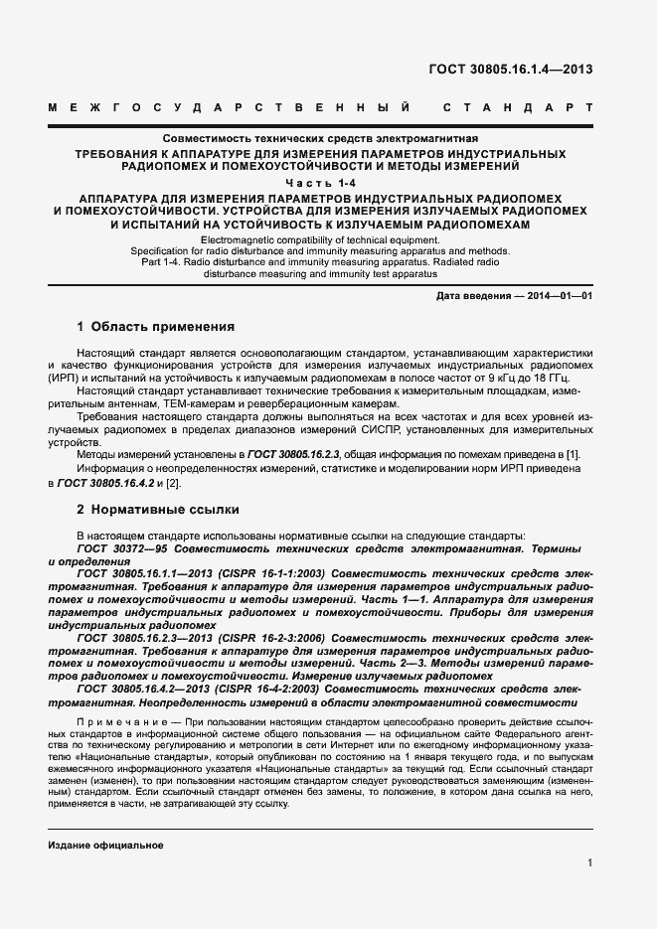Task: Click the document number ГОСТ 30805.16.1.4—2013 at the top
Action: click(510, 69)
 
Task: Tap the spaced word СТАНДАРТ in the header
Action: click(518, 105)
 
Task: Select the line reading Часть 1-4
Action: click(328, 184)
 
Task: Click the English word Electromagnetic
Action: click(242, 241)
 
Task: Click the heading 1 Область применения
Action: click(156, 326)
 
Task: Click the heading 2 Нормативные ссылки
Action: click(158, 510)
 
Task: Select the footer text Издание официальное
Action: click(104, 845)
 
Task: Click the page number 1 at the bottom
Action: click(589, 863)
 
